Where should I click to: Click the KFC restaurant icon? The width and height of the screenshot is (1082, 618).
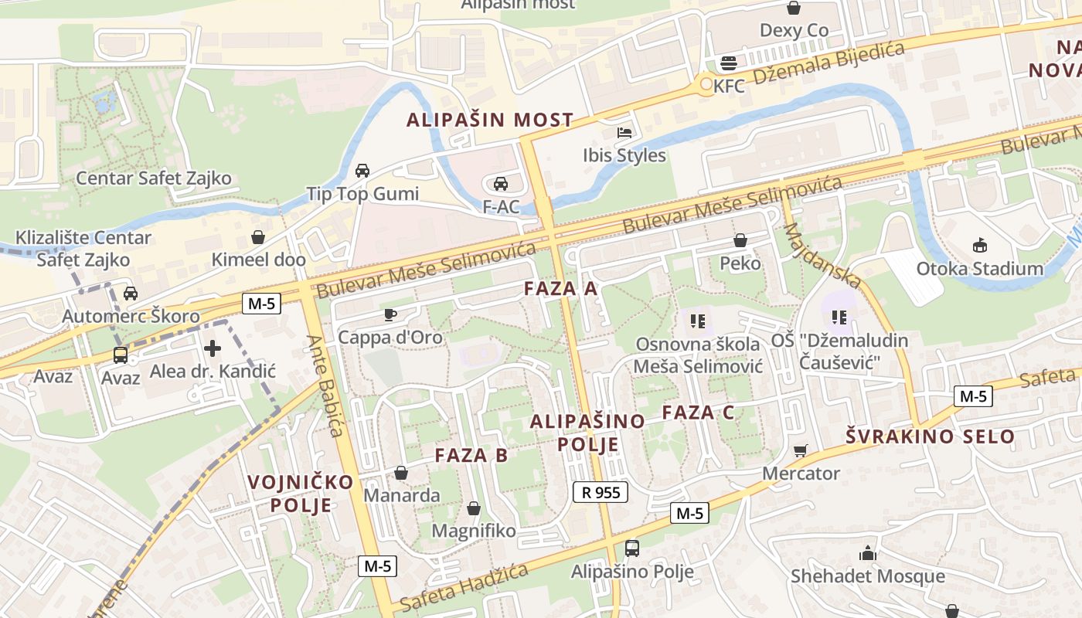[x=728, y=63]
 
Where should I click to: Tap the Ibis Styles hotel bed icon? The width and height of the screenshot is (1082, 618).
[x=624, y=133]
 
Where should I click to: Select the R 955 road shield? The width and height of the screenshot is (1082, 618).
[x=601, y=492]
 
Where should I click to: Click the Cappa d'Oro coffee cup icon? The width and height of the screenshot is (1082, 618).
[x=390, y=314]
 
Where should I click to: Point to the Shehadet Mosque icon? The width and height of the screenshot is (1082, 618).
[x=867, y=553]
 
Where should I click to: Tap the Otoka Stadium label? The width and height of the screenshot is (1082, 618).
[x=979, y=269]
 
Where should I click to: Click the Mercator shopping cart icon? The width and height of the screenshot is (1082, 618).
[x=801, y=450]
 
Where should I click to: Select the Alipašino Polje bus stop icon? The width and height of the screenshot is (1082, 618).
[x=631, y=548]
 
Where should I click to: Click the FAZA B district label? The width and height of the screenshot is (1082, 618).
[x=471, y=455]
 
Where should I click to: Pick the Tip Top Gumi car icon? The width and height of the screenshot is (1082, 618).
[x=362, y=171]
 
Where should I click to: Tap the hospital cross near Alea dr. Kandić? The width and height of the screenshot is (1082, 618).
[x=213, y=348]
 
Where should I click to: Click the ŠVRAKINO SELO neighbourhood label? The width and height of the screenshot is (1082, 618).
[x=930, y=436]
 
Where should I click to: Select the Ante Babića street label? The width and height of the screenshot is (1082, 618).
[x=325, y=385]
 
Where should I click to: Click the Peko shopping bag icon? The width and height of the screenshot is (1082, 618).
[x=740, y=241]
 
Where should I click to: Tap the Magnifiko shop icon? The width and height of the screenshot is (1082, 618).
[x=473, y=508]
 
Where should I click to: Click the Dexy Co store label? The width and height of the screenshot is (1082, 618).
[x=794, y=30]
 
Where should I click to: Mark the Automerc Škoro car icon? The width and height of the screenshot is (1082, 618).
[x=131, y=294]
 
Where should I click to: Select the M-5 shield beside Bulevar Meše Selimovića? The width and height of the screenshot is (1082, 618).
[x=261, y=304]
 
